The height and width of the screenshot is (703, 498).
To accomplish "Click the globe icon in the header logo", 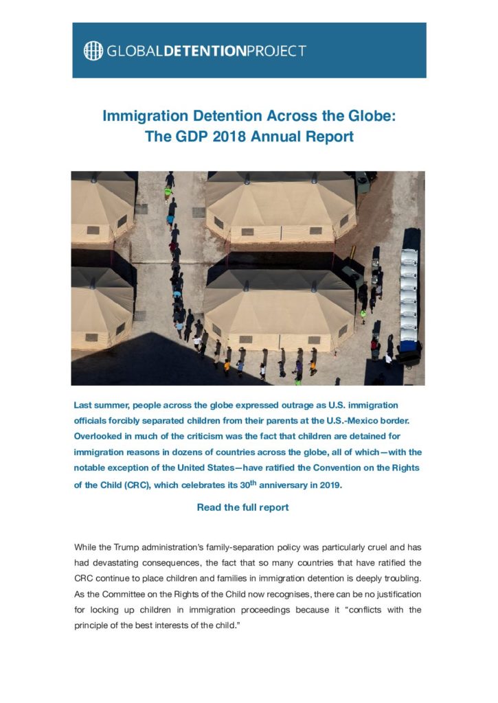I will click(93, 51).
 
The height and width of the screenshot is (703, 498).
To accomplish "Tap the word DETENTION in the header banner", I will click(210, 51).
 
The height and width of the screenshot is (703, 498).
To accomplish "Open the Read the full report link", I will click(242, 507).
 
